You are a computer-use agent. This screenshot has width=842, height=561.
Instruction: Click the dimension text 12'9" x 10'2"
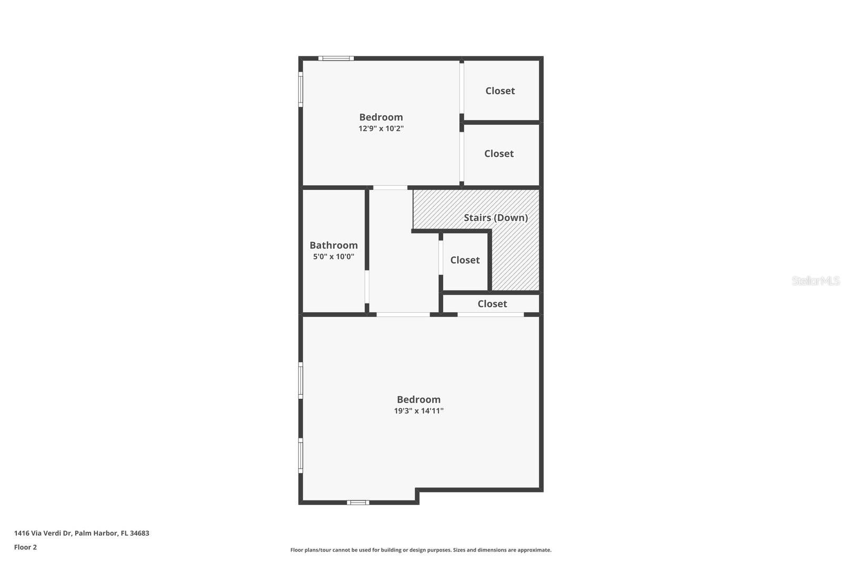click(381, 128)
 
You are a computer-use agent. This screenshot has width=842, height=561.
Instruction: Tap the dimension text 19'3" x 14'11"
click(418, 411)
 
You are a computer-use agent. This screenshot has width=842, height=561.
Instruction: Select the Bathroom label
click(334, 245)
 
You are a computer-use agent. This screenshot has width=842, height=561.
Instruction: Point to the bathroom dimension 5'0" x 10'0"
click(334, 257)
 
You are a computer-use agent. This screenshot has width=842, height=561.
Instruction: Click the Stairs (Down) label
click(495, 218)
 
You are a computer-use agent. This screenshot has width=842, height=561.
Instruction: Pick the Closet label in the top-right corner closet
click(500, 91)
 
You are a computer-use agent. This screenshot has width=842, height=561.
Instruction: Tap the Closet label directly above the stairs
click(499, 154)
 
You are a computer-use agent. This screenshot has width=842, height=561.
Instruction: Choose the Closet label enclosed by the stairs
click(465, 260)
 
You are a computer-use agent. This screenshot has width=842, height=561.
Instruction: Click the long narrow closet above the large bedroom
click(492, 304)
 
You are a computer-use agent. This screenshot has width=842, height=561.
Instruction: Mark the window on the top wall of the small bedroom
click(336, 58)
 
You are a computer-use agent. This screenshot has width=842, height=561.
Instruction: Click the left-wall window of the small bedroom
click(301, 89)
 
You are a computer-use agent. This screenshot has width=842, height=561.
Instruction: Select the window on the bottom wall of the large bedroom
click(358, 503)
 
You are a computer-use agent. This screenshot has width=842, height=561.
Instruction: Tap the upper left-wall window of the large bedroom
click(301, 380)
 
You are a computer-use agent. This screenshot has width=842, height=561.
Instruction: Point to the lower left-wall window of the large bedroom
click(301, 456)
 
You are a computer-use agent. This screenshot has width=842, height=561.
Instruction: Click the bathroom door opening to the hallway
click(367, 287)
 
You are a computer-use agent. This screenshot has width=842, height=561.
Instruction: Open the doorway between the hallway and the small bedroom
click(390, 187)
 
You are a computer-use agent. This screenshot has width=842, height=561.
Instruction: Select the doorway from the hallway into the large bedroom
click(403, 315)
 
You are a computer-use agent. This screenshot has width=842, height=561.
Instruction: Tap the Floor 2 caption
click(25, 547)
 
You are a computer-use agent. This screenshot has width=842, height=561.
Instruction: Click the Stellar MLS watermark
click(815, 281)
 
